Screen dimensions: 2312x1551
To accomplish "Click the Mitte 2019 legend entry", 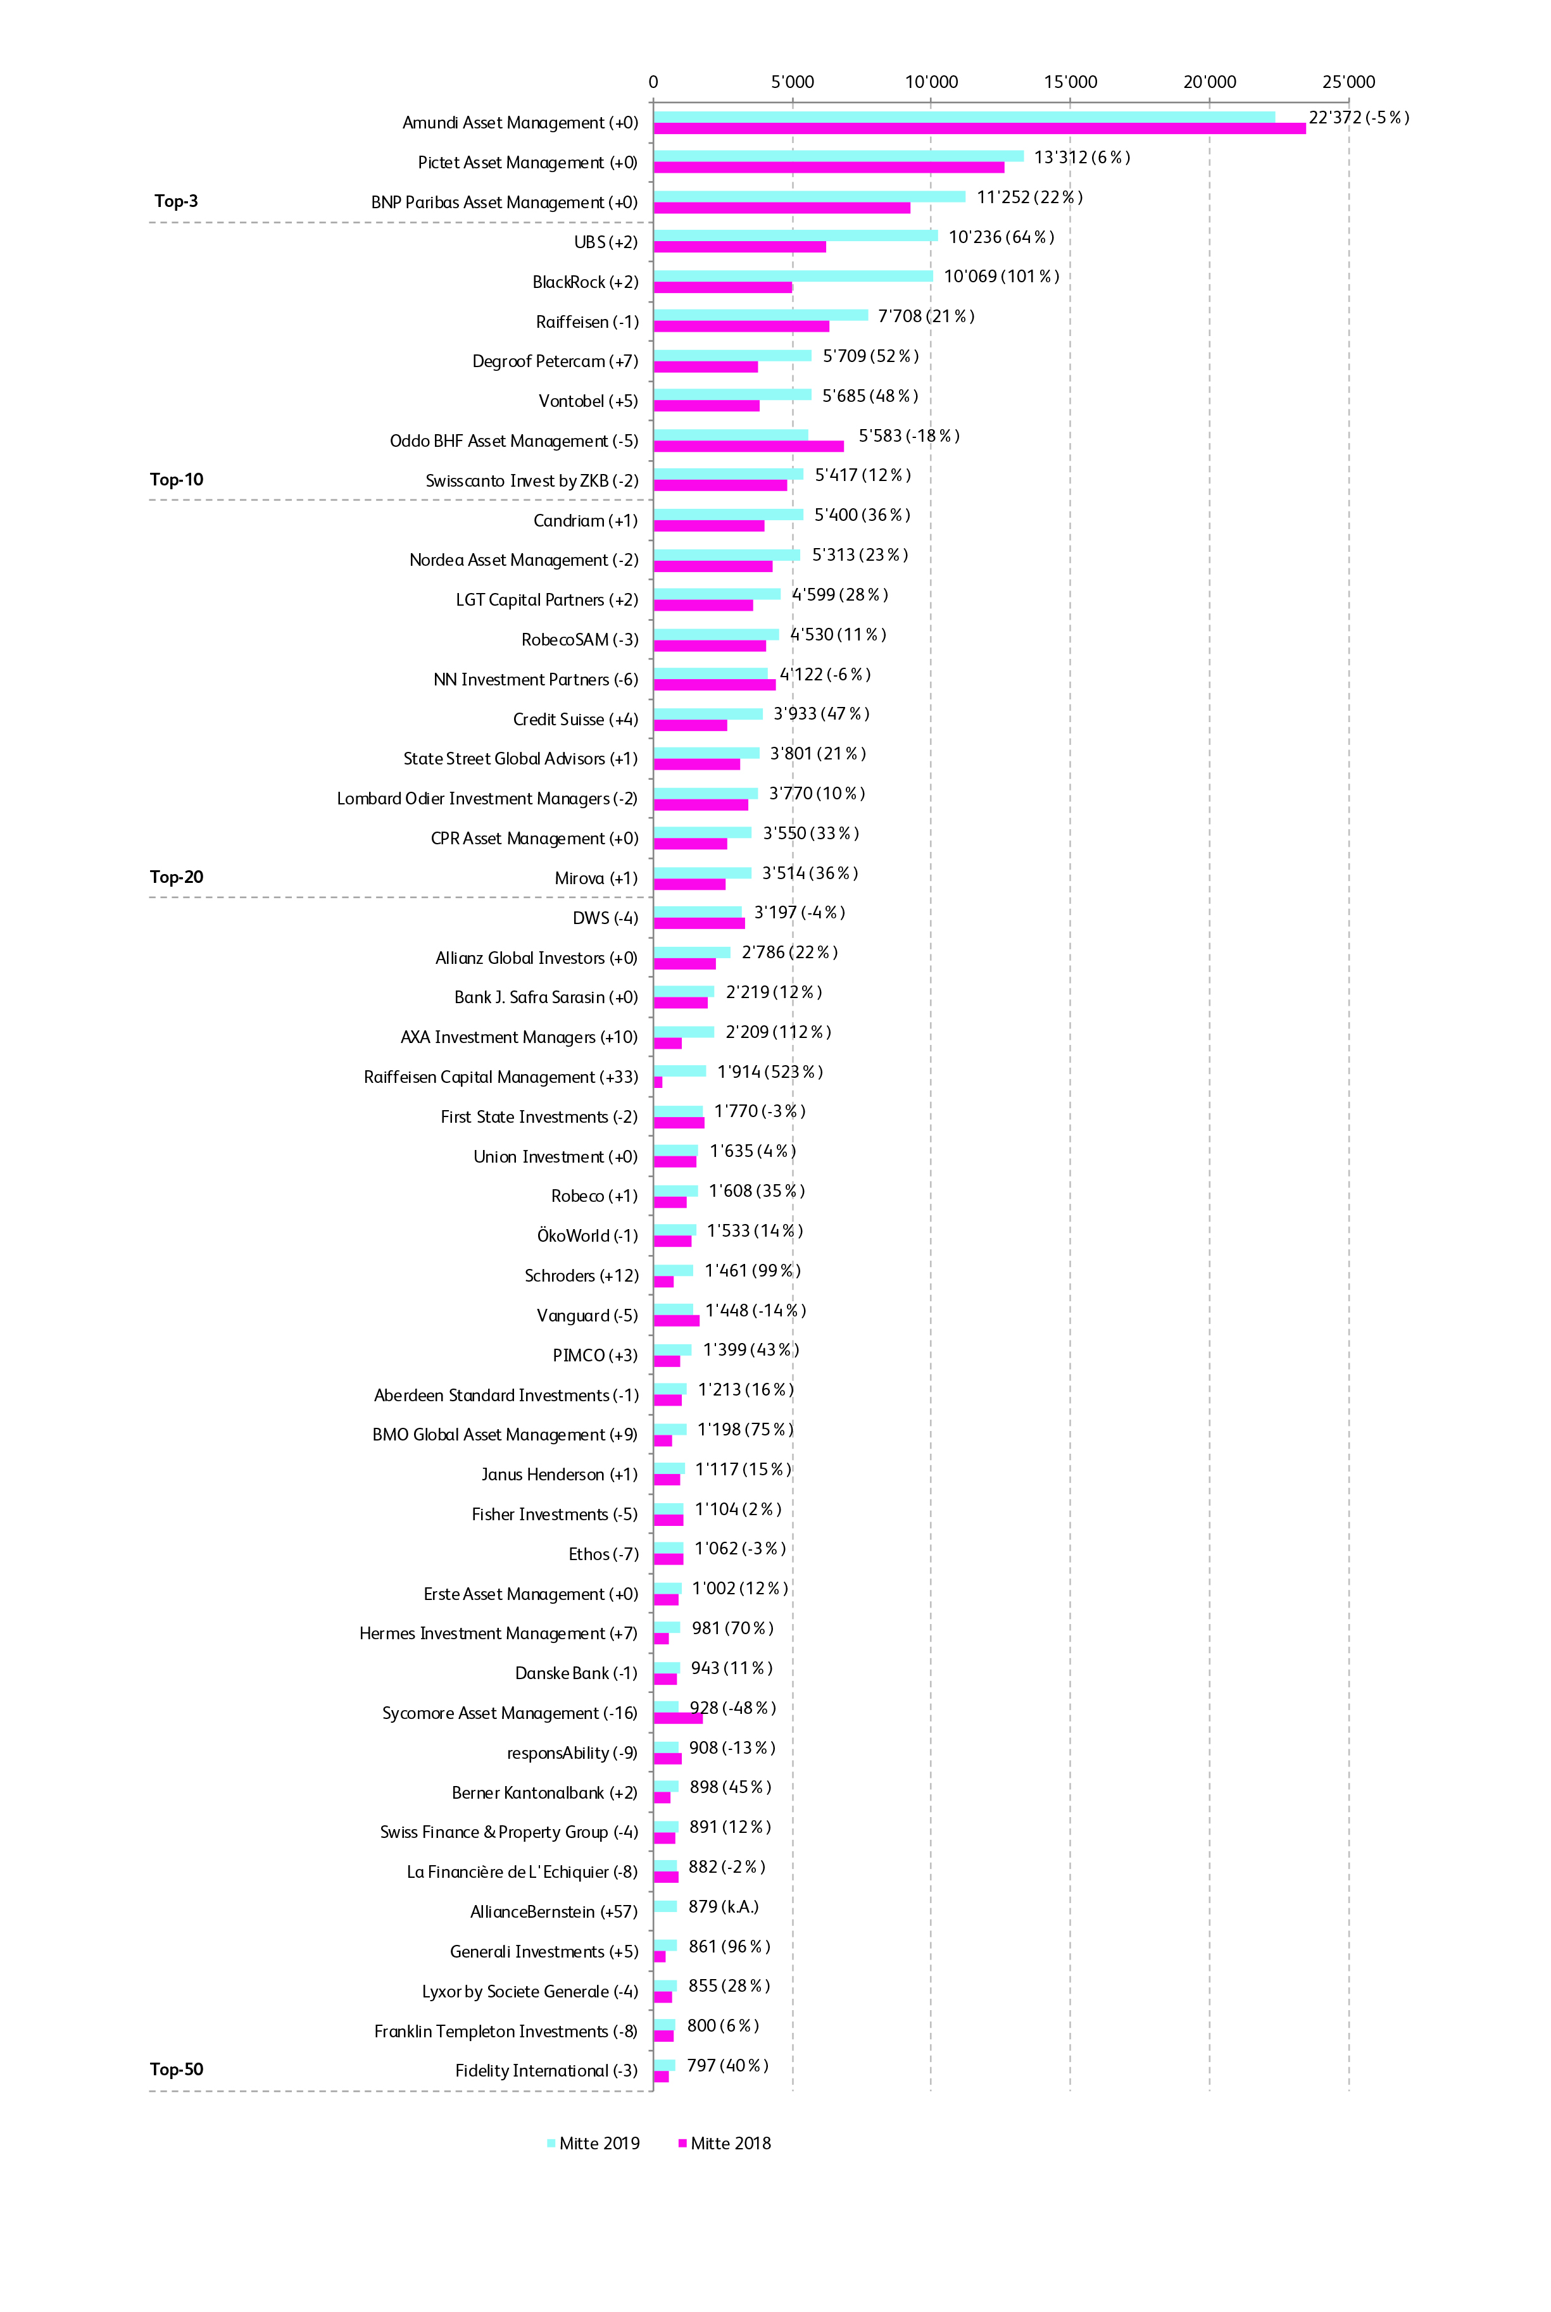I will pos(594,2143).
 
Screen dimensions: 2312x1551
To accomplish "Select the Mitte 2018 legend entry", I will pos(724,2143).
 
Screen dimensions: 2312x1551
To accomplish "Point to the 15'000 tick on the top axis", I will pos(1071,82).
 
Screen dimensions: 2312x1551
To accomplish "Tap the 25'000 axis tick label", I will pos(1348,82).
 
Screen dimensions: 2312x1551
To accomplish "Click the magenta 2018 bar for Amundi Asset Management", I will pos(979,128).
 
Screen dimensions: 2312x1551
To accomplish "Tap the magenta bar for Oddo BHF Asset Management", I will pos(749,446).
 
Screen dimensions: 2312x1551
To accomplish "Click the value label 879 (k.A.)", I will pos(723,1906).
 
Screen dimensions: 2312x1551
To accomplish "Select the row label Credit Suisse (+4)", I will pos(575,719).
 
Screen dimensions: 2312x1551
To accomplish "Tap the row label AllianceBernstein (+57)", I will pos(554,1911).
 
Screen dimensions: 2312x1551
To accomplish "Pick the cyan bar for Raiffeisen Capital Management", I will pos(679,1071).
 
